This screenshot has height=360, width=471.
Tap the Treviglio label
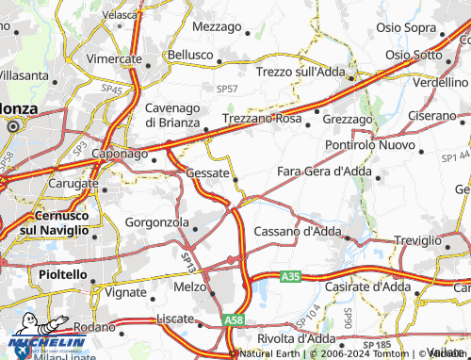417,240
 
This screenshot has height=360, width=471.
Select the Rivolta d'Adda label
295,338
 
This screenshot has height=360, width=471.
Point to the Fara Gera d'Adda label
325,171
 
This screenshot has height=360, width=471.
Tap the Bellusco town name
190,56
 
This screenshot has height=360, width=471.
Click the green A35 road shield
290,276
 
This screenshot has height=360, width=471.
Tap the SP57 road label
227,88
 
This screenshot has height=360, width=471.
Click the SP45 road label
113,90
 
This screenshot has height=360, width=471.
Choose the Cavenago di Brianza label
177,115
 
